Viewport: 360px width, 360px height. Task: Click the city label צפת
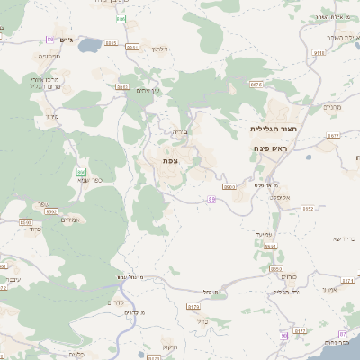point(169,160)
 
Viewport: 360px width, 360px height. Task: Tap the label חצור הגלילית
point(270,129)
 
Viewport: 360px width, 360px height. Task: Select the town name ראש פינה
point(270,147)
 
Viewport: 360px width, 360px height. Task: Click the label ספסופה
point(49,56)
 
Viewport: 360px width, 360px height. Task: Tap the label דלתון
point(160,49)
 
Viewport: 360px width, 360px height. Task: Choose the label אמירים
point(71,220)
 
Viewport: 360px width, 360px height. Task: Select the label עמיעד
point(264,235)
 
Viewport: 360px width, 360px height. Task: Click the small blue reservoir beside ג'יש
point(90,42)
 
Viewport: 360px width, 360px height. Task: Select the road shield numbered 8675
point(257,84)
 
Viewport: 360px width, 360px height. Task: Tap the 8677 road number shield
point(333,136)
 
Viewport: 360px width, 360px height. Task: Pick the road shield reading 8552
point(307,208)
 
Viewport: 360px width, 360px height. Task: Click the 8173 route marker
point(193,307)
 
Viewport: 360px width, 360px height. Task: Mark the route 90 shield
point(283,335)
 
